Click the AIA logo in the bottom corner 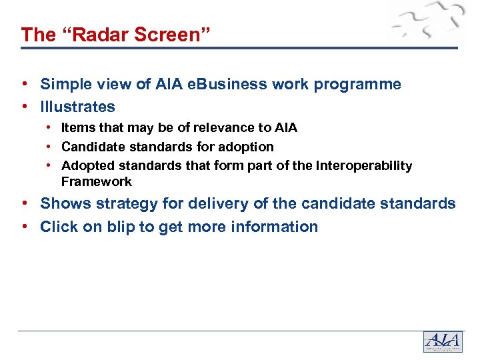click(443, 342)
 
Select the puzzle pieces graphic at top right click(427, 23)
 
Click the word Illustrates click(77, 107)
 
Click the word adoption click(246, 146)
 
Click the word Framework click(97, 181)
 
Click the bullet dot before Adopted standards click(50, 165)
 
